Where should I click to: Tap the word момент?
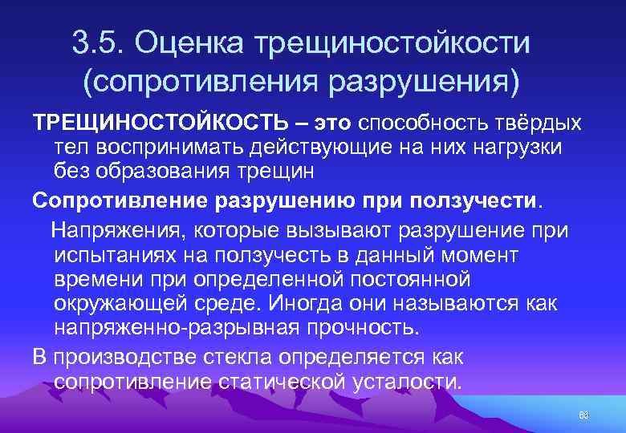tap(478, 255)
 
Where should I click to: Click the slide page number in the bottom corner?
tap(583, 414)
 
